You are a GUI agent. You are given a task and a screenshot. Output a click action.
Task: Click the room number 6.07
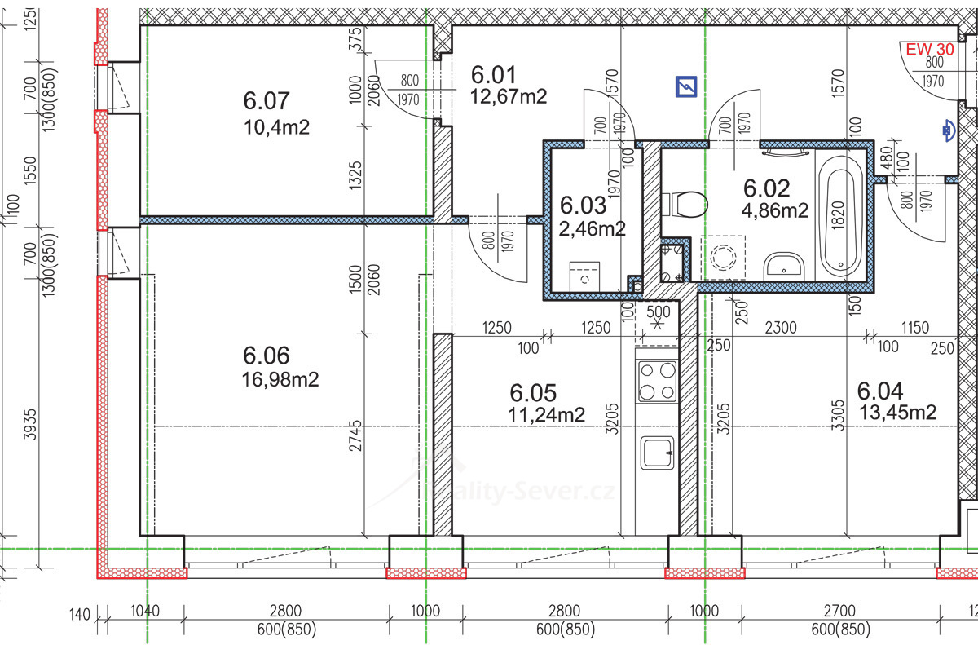pos(267,101)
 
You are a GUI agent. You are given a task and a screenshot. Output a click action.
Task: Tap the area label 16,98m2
pos(280,379)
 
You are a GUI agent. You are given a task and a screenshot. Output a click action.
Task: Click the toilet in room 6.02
pos(685,204)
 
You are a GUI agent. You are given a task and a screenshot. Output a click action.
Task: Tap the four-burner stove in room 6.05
pos(657,381)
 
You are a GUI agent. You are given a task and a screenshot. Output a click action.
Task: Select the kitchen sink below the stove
pos(657,452)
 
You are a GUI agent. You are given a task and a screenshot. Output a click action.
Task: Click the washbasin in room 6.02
pos(784,265)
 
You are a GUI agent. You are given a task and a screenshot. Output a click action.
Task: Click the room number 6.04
pos(880,391)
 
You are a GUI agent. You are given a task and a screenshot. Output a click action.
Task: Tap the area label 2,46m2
pos(593,228)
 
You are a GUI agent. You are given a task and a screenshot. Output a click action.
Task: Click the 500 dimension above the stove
pos(658,311)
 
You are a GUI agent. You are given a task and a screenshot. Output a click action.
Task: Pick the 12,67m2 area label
pos(509,96)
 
